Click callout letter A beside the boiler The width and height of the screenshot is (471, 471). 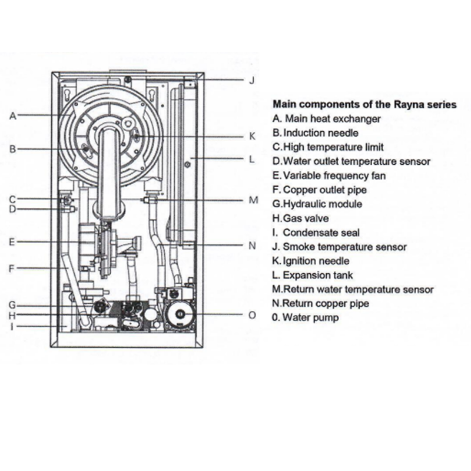point(13,117)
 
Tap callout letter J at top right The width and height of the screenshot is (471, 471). point(251,81)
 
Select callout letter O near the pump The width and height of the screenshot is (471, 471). point(252,316)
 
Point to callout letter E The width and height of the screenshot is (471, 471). point(13,241)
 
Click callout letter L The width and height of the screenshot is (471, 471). point(251,159)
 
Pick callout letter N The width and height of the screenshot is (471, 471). point(252,246)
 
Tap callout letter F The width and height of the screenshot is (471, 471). point(13,268)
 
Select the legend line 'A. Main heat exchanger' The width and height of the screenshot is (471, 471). point(326,119)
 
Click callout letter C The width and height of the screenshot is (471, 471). point(13,198)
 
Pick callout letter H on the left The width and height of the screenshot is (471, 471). point(13,315)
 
